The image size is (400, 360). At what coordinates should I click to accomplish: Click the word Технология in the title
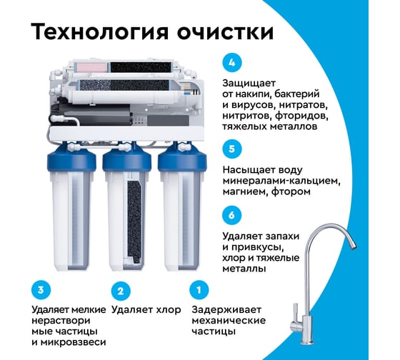pos(99,32)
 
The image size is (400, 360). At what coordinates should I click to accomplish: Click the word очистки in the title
pos(226,32)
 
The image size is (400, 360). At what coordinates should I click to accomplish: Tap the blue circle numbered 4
pos(232,63)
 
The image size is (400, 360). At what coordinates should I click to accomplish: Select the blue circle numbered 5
pos(232,149)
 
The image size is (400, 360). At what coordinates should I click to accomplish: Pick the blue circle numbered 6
pos(232,215)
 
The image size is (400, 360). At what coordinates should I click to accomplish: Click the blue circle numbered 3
pos(41,290)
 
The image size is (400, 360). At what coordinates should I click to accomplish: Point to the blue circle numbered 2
pos(121,291)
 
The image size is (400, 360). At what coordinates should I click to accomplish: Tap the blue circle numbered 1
pos(199,290)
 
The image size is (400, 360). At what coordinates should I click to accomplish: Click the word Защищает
pos(249,84)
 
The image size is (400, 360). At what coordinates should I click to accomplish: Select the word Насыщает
pos(249,170)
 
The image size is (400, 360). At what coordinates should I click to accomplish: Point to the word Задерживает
pos(226,310)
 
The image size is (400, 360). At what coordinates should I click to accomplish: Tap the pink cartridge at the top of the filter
pos(91,67)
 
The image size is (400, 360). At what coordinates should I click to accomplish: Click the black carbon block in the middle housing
pos(134,222)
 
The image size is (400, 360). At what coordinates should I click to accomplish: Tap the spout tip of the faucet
pos(353,246)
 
